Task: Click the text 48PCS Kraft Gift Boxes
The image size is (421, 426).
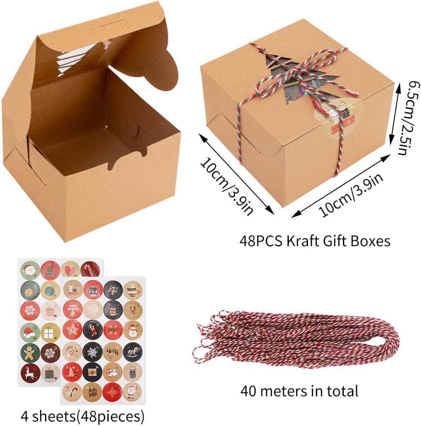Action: pos(315,241)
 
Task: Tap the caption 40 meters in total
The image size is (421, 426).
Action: pos(299,390)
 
